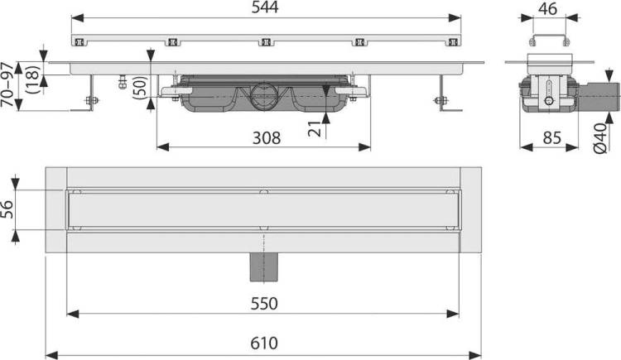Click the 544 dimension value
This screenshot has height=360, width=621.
pos(265,7)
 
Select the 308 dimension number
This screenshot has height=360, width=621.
pos(267,138)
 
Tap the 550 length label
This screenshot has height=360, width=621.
pos(264,304)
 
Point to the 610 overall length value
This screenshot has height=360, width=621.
pos(264,343)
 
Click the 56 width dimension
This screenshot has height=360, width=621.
pos(7,209)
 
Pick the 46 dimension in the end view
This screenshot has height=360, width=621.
pos(548,9)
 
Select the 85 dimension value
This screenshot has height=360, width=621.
pos(552,138)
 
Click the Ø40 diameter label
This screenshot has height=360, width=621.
pos(600,138)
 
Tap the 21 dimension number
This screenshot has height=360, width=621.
pos(315,128)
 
